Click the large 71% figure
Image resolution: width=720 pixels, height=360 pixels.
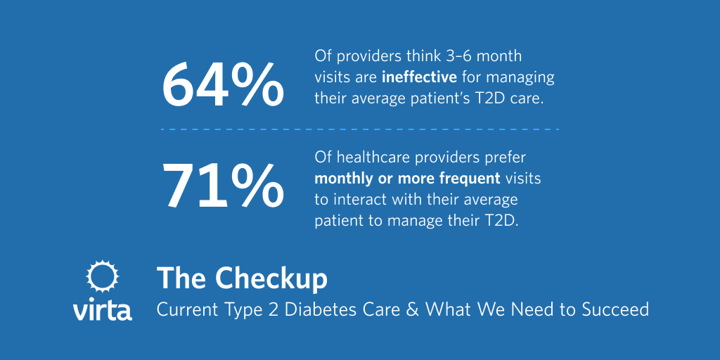click(223, 186)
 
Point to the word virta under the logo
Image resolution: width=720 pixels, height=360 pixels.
click(102, 309)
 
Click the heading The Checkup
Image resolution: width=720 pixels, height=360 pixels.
click(242, 278)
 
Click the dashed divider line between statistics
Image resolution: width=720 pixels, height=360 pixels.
click(359, 129)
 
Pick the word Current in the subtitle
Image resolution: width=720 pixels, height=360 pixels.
click(181, 309)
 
